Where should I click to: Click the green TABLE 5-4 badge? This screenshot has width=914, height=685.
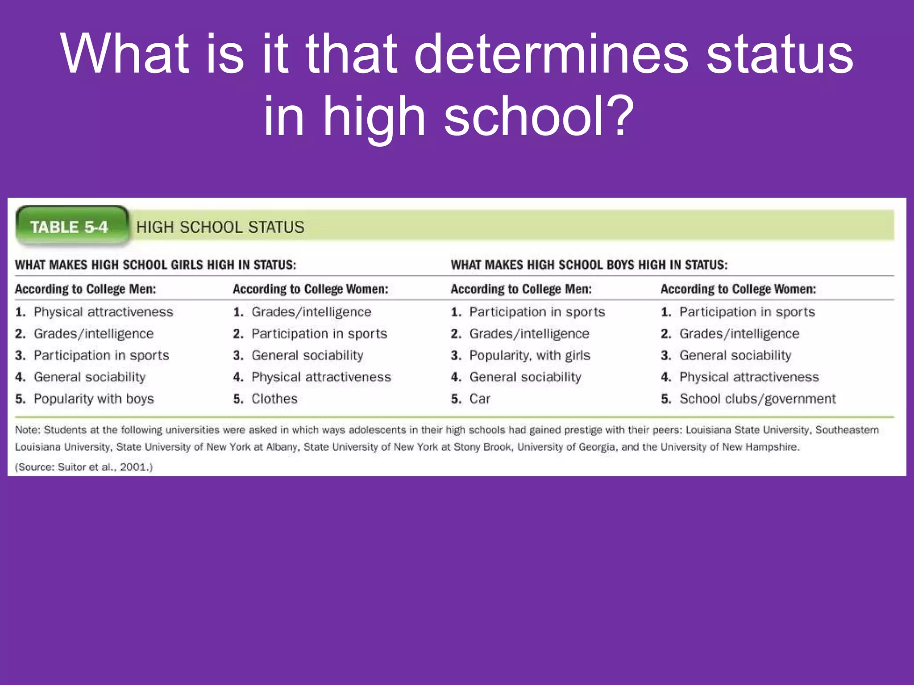point(70,227)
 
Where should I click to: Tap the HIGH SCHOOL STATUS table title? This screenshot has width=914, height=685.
point(220,227)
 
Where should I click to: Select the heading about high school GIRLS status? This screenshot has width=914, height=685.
point(155,265)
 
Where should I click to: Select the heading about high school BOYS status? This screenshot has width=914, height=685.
point(589,265)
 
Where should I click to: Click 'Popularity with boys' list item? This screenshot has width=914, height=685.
point(94,399)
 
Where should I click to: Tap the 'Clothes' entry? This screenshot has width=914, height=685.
point(274,399)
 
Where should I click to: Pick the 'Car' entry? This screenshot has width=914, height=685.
point(480,399)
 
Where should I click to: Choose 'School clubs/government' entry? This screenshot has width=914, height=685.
point(757,399)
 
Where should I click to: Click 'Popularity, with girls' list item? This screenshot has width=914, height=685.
point(530,355)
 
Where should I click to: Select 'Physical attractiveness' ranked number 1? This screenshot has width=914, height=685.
point(103,312)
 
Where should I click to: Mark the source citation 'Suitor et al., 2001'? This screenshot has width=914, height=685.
point(98,467)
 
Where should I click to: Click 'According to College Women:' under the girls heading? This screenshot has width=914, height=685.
point(310,289)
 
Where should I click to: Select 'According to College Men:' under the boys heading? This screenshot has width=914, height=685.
point(521,289)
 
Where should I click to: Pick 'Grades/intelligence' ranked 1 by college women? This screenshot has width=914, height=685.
point(311,312)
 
